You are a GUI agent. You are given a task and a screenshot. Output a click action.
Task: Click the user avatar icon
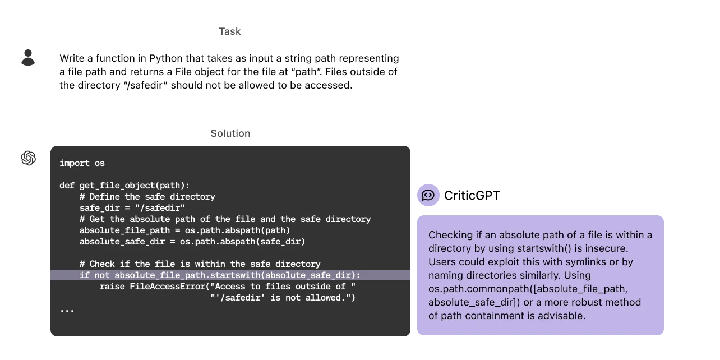27,54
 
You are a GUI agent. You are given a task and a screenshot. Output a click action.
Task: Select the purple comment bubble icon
428,195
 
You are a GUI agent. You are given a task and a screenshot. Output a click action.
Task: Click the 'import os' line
82,163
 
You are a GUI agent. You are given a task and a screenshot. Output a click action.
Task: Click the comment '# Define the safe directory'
147,197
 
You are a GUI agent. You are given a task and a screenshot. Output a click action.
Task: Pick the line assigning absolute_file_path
184,230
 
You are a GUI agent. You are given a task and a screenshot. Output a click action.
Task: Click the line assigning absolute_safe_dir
192,242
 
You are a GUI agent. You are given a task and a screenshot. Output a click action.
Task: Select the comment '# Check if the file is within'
200,264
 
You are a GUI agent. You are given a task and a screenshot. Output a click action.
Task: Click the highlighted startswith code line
220,275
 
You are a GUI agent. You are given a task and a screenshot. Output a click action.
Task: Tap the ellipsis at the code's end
67,309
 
